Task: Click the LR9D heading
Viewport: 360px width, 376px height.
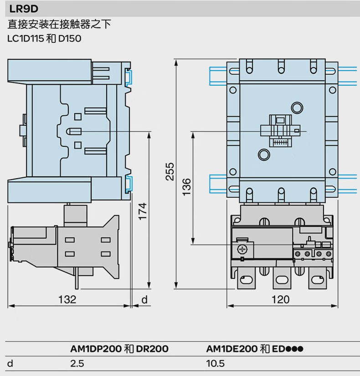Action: pyautogui.click(x=24, y=9)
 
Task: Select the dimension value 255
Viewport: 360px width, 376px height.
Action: pyautogui.click(x=170, y=171)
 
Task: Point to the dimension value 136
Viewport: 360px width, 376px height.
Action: pyautogui.click(x=186, y=187)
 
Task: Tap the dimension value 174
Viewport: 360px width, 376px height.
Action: pyautogui.click(x=143, y=211)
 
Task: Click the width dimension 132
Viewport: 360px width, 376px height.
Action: pyautogui.click(x=67, y=299)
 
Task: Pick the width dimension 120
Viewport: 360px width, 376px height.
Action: pyautogui.click(x=280, y=299)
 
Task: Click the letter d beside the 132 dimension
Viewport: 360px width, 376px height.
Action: pyautogui.click(x=144, y=299)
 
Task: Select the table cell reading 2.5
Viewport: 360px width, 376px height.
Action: pyautogui.click(x=77, y=364)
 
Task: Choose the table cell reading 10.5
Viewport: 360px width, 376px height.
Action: pyautogui.click(x=216, y=364)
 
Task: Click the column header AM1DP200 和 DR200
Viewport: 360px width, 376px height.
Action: pyautogui.click(x=119, y=349)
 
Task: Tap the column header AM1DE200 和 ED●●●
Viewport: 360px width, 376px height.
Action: pyautogui.click(x=255, y=349)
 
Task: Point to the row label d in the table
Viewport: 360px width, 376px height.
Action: pyautogui.click(x=10, y=364)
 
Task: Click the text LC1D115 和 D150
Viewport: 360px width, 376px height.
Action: pyautogui.click(x=44, y=39)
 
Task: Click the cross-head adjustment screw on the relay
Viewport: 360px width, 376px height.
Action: pyautogui.click(x=242, y=249)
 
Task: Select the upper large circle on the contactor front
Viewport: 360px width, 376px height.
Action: pyautogui.click(x=297, y=108)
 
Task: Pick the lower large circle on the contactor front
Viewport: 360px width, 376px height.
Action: pyautogui.click(x=264, y=155)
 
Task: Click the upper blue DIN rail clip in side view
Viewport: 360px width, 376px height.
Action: pyautogui.click(x=129, y=77)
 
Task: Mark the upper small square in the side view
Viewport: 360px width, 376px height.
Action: pyautogui.click(x=78, y=117)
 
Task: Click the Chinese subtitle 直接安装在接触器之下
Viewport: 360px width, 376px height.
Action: pyautogui.click(x=59, y=24)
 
